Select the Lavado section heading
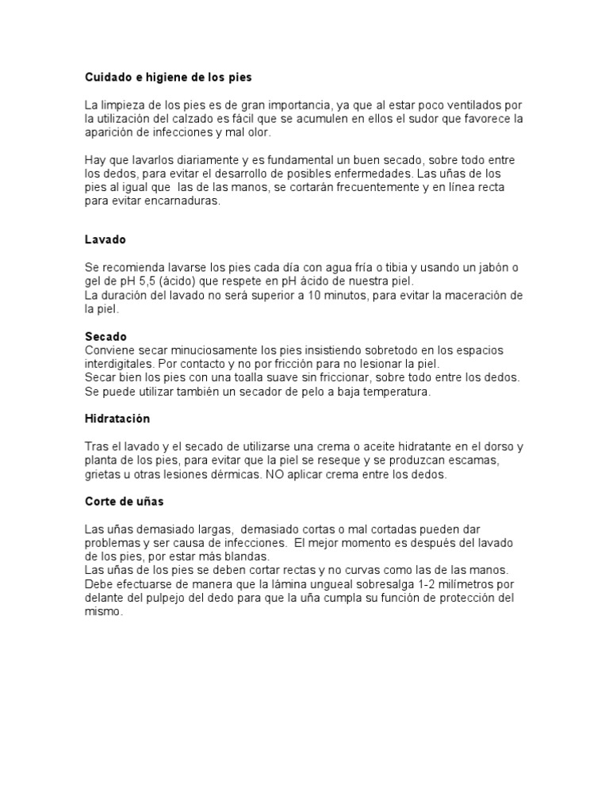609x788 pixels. pyautogui.click(x=105, y=239)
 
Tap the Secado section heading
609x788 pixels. pyautogui.click(x=105, y=337)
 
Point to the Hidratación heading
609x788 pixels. pyautogui.click(x=117, y=418)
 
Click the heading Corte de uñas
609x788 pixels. pyautogui.click(x=124, y=501)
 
